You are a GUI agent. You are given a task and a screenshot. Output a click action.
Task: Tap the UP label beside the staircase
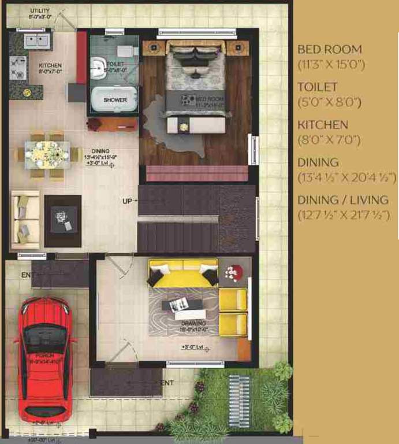(x=127, y=202)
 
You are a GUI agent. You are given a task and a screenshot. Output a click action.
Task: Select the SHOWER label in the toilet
(x=115, y=100)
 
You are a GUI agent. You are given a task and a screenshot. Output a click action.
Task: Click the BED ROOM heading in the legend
(x=330, y=50)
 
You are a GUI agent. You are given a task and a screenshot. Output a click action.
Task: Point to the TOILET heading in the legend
(x=317, y=87)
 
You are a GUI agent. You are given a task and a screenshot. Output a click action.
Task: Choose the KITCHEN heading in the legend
(x=322, y=125)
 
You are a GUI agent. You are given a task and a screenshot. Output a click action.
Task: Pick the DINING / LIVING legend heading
(x=343, y=200)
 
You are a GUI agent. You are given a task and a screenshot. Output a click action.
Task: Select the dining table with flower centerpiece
(x=47, y=154)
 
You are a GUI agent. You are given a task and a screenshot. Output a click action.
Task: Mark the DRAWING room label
(x=193, y=323)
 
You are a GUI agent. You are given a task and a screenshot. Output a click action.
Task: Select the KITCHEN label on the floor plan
(x=50, y=66)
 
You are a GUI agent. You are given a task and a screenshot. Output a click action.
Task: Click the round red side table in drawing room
(x=234, y=273)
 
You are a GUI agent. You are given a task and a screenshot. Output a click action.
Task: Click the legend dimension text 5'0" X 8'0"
(x=329, y=102)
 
